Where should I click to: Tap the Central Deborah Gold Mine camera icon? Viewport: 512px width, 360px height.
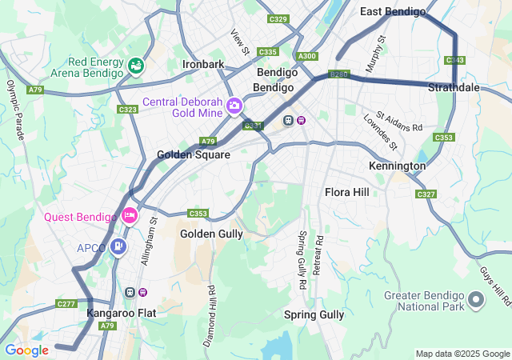tap(234, 105)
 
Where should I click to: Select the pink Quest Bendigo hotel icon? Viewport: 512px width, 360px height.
tap(130, 215)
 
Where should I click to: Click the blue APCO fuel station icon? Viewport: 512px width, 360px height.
tap(118, 246)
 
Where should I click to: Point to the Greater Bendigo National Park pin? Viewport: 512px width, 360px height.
tap(476, 300)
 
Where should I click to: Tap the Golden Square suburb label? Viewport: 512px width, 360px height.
tap(194, 154)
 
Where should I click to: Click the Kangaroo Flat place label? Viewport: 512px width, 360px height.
tap(121, 314)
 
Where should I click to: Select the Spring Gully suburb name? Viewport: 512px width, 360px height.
tap(314, 314)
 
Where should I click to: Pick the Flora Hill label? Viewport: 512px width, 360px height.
tap(346, 192)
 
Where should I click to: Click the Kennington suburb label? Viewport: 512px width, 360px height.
tap(397, 166)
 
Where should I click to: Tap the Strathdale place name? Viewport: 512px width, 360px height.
tap(454, 87)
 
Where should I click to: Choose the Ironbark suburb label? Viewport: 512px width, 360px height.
tap(203, 64)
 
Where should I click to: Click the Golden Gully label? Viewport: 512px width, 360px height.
tap(211, 234)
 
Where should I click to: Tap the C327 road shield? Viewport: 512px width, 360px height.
tap(426, 194)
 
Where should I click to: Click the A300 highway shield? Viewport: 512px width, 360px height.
tap(306, 56)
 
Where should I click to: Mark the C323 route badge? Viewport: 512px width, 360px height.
tap(127, 109)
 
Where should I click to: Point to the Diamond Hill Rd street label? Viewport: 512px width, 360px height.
tap(209, 315)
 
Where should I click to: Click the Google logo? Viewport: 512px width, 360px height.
tap(26, 350)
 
